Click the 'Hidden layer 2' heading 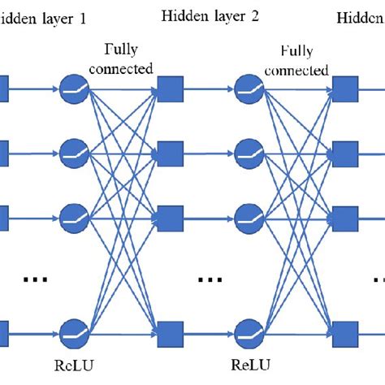[x=210, y=15]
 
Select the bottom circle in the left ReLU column [x=73, y=331]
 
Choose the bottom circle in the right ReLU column [x=249, y=331]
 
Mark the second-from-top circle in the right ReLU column [x=249, y=151]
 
